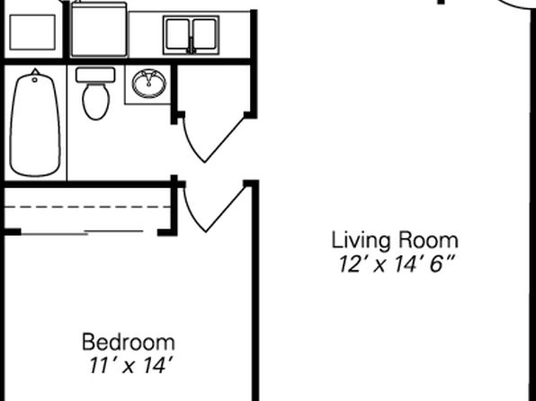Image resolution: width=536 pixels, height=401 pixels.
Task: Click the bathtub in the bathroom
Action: click(x=35, y=123)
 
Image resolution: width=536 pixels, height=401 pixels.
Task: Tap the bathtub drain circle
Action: click(x=34, y=80)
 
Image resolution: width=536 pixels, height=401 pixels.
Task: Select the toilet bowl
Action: click(x=96, y=102)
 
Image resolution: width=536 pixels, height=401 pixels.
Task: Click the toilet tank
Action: click(x=95, y=75)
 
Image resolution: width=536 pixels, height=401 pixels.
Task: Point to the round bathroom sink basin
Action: click(x=149, y=84)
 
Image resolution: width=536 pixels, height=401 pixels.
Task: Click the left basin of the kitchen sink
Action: click(x=177, y=34)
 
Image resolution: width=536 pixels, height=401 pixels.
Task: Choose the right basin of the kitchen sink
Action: click(x=204, y=34)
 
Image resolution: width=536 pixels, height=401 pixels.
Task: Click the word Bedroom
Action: click(x=129, y=342)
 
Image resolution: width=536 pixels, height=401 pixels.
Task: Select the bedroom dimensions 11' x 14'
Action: click(x=130, y=365)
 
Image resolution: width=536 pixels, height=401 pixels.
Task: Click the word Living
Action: click(x=361, y=241)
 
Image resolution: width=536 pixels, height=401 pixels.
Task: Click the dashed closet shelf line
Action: click(x=87, y=207)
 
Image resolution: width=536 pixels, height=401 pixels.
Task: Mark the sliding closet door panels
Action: click(x=82, y=233)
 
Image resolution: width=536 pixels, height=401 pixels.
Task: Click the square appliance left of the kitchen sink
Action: click(x=99, y=29)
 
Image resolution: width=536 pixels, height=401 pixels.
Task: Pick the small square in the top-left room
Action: click(x=32, y=32)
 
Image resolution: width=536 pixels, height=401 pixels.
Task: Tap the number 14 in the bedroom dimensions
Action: click(x=156, y=365)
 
